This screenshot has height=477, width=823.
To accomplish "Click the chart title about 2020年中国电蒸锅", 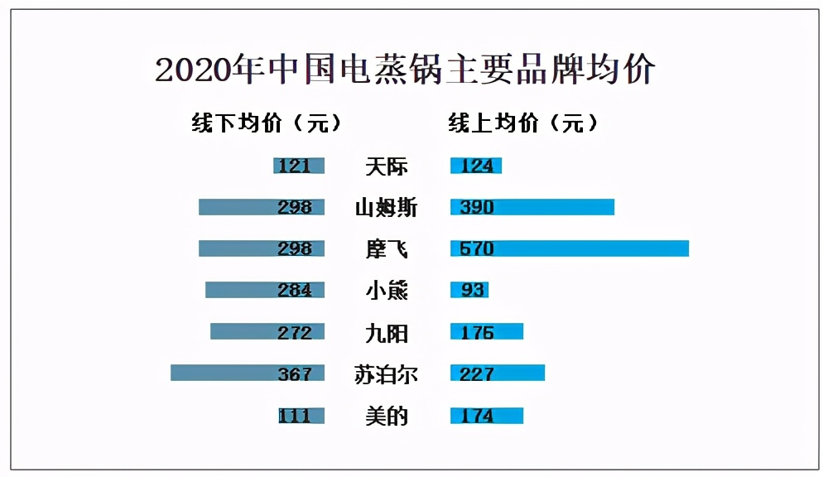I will (405, 70).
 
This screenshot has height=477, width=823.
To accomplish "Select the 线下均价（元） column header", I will (266, 123).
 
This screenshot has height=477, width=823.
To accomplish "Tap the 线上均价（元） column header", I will (522, 123).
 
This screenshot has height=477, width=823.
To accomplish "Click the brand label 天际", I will (387, 166).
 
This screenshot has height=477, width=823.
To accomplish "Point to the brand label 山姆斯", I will (387, 208).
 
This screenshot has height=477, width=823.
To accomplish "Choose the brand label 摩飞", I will (387, 249).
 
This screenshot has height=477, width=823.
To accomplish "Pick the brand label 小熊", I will (387, 291).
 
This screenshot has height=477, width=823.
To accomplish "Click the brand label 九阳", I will (387, 333).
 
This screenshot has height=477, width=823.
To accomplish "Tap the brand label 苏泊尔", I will (387, 374).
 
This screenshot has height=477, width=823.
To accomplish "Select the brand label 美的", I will (387, 416).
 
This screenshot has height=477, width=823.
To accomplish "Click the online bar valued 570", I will (569, 248).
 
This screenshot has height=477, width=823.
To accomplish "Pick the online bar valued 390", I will (532, 207).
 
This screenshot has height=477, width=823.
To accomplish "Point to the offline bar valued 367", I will (247, 373).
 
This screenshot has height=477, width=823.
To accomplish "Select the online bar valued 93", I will (469, 290).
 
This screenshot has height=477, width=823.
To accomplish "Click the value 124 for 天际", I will (476, 166).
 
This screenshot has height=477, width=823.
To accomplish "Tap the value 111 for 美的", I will (295, 416).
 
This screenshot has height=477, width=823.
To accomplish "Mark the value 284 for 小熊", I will (295, 291).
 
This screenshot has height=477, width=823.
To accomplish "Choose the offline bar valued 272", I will (267, 332).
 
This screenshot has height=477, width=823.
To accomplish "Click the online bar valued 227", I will (497, 373).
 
